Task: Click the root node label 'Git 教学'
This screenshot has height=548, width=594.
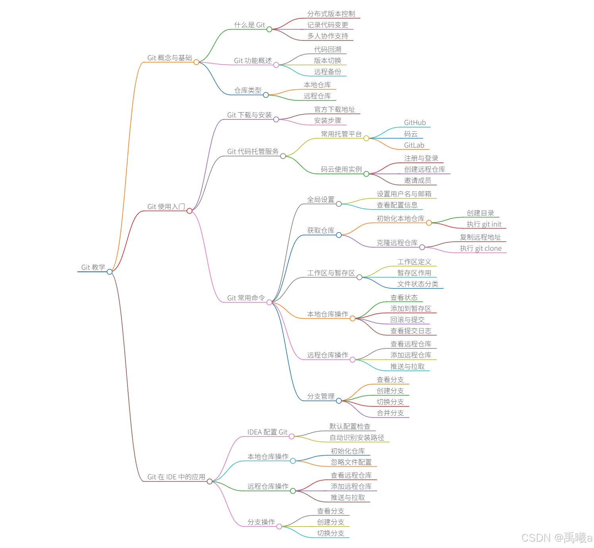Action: (93, 267)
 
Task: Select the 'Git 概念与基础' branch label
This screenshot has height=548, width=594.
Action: (170, 58)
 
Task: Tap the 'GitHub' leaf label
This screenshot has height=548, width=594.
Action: (415, 123)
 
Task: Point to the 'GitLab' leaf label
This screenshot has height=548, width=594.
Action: (414, 146)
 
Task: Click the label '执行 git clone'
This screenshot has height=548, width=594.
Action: (480, 249)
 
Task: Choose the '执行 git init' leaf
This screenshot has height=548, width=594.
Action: (484, 225)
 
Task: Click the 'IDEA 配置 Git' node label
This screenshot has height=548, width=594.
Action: (267, 432)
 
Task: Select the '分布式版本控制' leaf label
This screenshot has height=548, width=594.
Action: (331, 14)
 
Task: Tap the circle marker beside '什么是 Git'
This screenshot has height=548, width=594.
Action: (269, 29)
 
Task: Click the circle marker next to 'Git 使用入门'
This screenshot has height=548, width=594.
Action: (189, 211)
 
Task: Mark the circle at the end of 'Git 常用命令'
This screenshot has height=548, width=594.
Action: (269, 302)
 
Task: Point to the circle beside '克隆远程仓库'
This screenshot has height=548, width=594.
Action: (422, 247)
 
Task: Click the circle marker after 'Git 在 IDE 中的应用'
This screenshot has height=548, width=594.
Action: (210, 481)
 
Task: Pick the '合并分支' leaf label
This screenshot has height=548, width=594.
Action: (390, 413)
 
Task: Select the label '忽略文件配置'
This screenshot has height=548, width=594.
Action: (351, 462)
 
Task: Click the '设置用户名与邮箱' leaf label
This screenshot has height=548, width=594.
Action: (404, 194)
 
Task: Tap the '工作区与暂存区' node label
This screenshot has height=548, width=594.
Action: (331, 273)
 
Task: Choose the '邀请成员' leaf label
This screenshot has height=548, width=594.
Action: (417, 181)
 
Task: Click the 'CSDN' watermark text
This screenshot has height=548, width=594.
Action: (536, 538)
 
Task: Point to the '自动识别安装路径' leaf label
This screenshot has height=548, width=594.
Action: (357, 438)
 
